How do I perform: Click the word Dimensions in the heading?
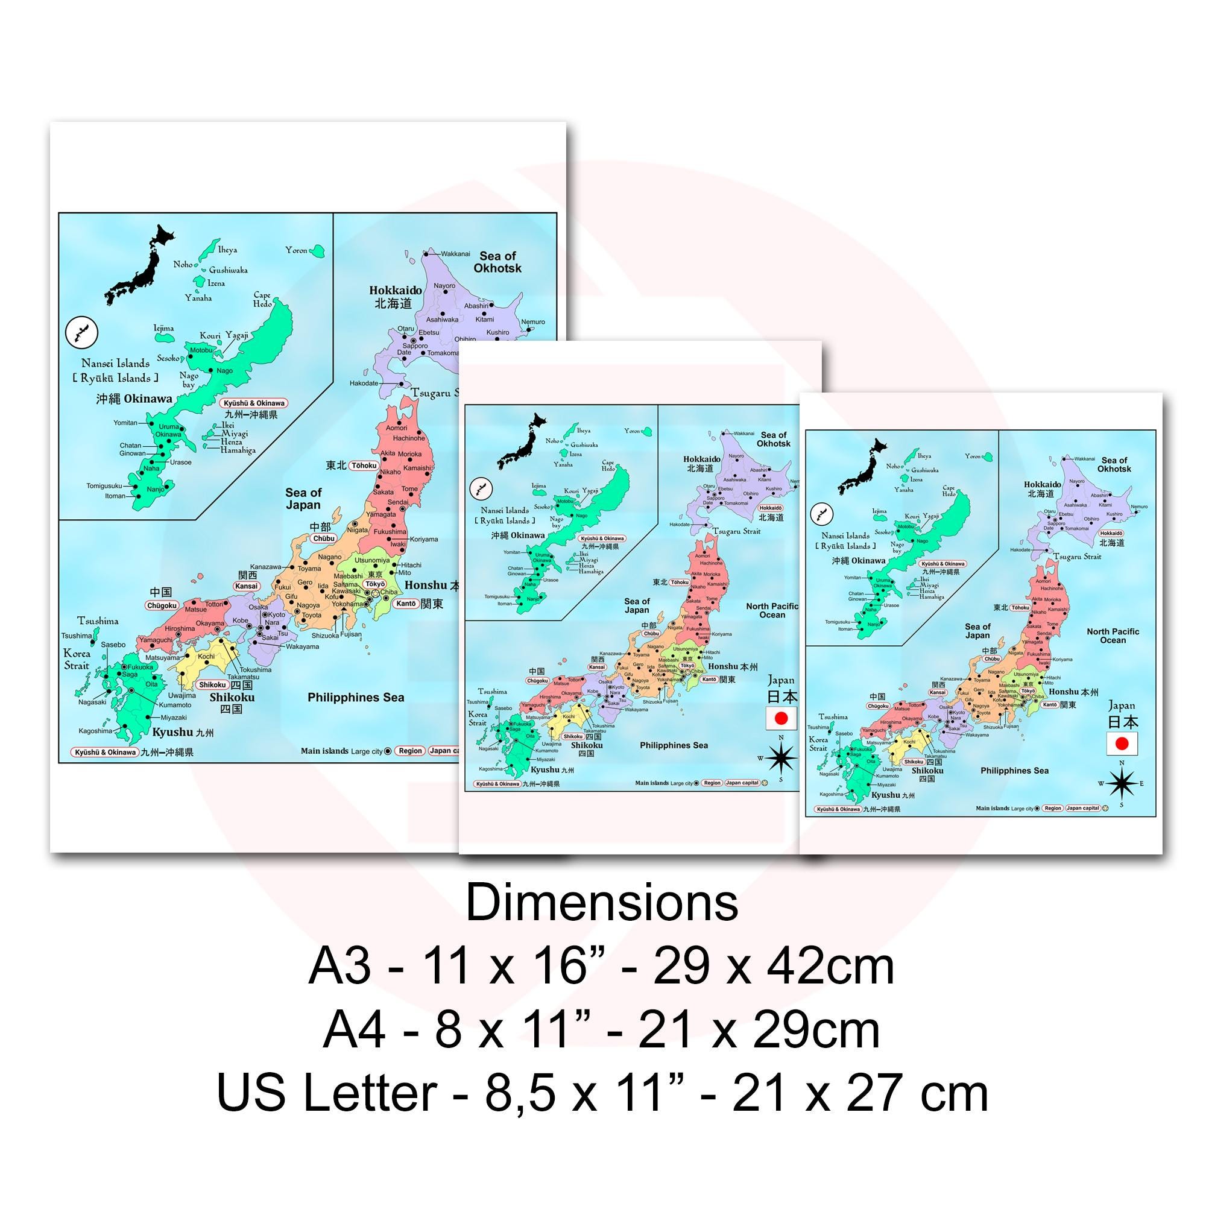coord(602,903)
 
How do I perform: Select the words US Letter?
coord(326,1093)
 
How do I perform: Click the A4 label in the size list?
coord(353,1030)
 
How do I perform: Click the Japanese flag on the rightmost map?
coord(1122,743)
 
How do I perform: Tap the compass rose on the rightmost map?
coord(1122,783)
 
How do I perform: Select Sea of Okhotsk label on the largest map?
coord(497,262)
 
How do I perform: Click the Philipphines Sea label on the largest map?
coord(356,697)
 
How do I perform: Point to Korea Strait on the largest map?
coord(77,659)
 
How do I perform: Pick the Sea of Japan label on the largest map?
coord(303,499)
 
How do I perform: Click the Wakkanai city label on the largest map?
coord(455,254)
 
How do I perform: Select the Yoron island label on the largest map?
coord(297,250)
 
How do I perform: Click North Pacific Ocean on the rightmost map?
coord(1113,636)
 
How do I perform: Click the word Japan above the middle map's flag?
coord(781,680)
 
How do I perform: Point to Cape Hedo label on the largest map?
coord(262,300)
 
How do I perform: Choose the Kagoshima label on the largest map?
coord(95,730)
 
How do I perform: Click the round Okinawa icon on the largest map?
coord(82,333)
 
